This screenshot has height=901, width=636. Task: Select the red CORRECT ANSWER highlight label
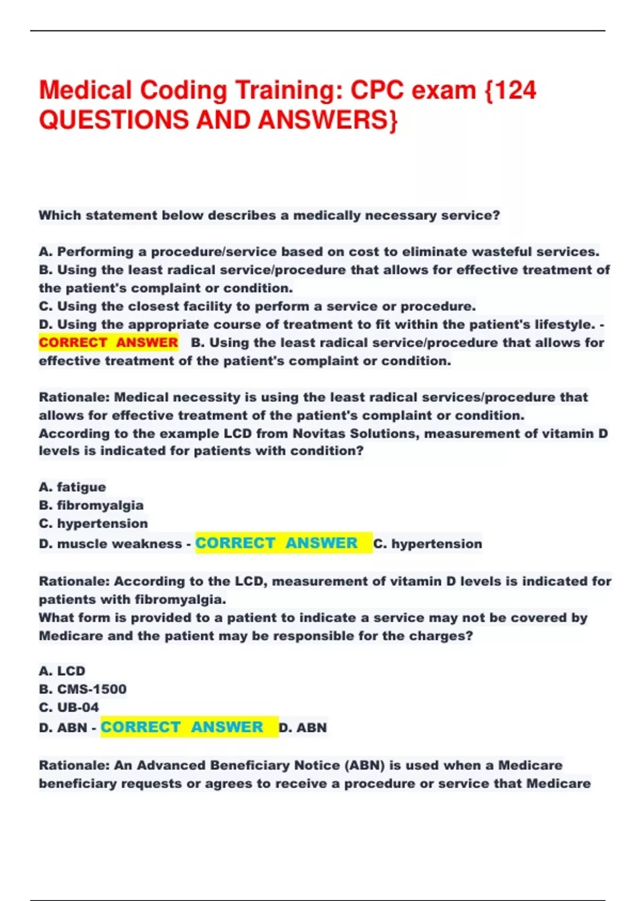click(108, 343)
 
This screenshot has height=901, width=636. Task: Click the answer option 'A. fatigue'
click(73, 487)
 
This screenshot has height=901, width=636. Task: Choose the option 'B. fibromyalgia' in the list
click(91, 505)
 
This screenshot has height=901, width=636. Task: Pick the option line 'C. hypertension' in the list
click(93, 523)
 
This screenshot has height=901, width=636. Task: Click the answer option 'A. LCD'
click(62, 671)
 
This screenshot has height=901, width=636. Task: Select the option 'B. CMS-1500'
click(83, 689)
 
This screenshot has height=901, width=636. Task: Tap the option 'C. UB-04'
click(69, 707)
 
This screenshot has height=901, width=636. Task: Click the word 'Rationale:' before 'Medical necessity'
click(74, 397)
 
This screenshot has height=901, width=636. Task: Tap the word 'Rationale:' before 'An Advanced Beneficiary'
click(74, 765)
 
